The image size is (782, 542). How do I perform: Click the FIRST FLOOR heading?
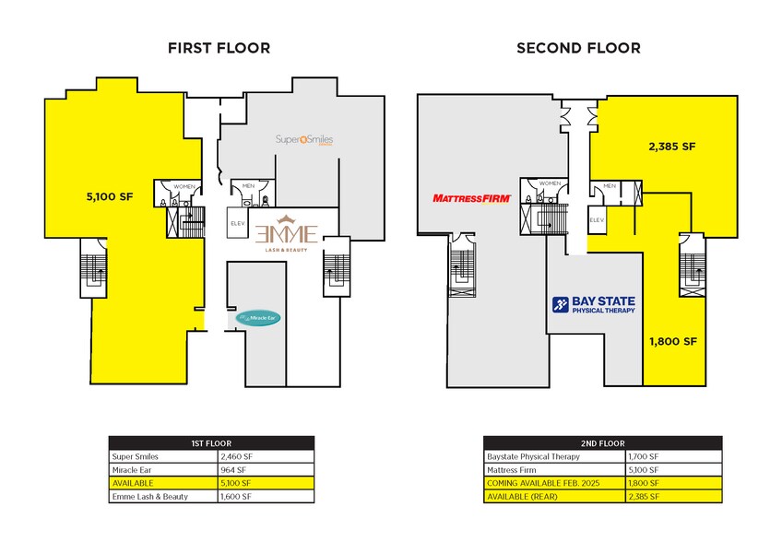(x=218, y=48)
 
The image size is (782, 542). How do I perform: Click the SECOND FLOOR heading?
(x=578, y=48)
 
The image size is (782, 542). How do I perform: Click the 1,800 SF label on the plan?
(x=670, y=340)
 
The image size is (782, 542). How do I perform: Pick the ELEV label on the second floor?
(x=597, y=219)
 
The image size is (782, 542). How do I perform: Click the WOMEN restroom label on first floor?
(x=184, y=187)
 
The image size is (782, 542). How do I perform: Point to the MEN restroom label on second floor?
(x=610, y=186)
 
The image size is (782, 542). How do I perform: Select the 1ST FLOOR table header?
(x=211, y=442)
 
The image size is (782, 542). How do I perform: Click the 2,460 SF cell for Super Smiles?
(x=237, y=456)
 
